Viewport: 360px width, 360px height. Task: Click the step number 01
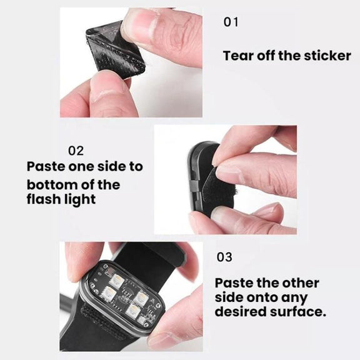[231, 22]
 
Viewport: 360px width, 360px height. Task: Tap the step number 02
[76, 151]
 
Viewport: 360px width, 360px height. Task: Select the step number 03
[224, 257]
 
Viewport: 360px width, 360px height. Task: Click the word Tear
[238, 56]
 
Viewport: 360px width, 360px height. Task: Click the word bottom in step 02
[52, 185]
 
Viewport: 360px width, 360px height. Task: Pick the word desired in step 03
[241, 311]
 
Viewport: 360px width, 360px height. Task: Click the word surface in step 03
[298, 311]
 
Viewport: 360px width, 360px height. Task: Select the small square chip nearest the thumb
[142, 321]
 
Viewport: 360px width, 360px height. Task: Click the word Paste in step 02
[46, 166]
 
